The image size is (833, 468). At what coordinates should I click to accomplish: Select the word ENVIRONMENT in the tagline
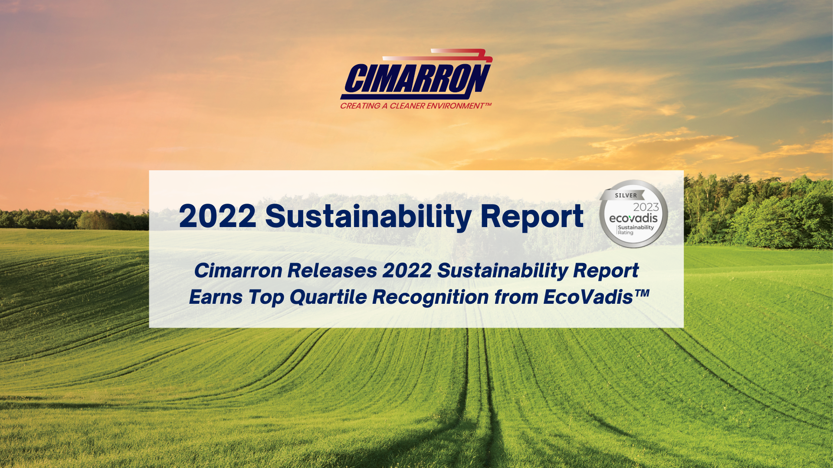tap(455, 106)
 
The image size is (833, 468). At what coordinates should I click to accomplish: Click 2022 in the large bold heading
tap(217, 216)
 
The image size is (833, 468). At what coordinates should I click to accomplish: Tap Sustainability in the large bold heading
tap(368, 216)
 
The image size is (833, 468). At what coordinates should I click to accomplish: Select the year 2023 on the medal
tap(646, 207)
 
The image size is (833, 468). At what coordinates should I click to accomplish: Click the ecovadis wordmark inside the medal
tap(633, 218)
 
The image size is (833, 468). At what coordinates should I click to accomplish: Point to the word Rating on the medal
tap(626, 233)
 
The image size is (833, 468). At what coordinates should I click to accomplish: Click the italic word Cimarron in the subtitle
tap(238, 271)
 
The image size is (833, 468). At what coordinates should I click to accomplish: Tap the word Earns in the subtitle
tap(215, 297)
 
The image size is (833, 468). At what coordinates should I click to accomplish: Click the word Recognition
tap(430, 297)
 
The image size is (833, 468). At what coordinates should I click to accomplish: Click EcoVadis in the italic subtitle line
tap(588, 297)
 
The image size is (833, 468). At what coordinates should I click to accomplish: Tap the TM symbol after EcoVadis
tap(642, 293)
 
